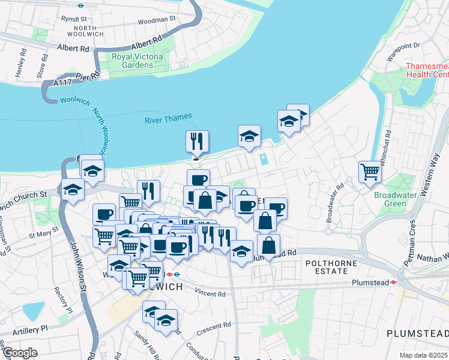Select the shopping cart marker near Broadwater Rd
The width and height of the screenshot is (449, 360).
pos(370,172)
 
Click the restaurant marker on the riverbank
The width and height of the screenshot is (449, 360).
pos(197,142)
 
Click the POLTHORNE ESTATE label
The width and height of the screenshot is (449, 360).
pos(331,268)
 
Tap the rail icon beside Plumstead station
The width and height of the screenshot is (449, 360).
pos(393,281)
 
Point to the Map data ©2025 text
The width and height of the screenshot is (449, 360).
pos(423,355)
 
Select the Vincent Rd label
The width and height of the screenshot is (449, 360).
pos(209,295)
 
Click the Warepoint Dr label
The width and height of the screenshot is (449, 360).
pos(403,46)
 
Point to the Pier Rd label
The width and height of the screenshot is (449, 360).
pos(86,77)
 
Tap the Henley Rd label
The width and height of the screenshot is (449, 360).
pos(22,63)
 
